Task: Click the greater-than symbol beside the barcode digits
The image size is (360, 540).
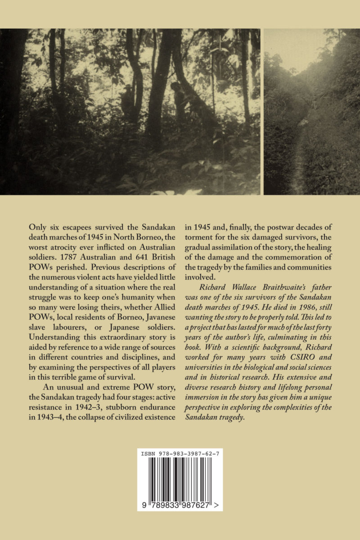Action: click(217, 505)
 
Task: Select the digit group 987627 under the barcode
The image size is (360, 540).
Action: click(197, 505)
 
